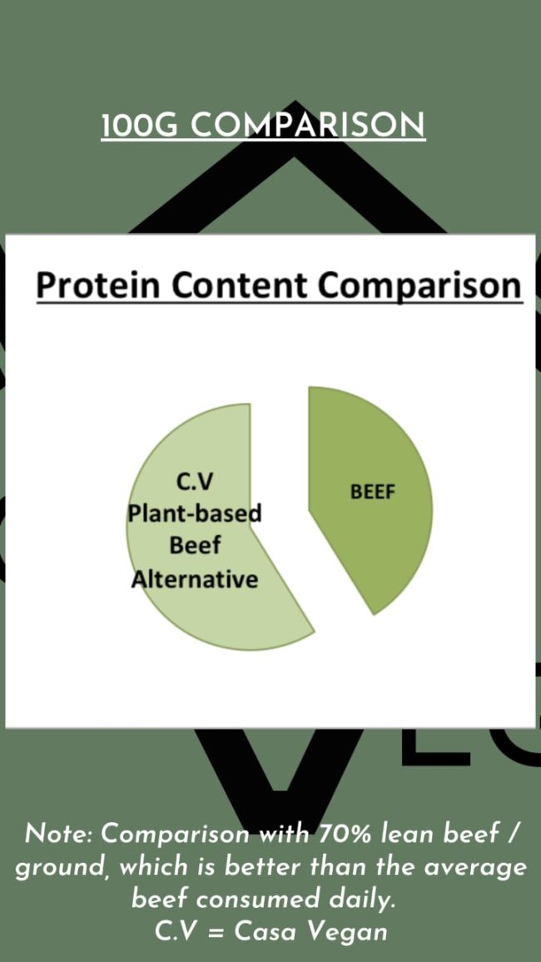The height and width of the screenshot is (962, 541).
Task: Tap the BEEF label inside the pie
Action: (x=372, y=491)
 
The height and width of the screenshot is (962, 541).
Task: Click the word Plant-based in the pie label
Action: (x=194, y=513)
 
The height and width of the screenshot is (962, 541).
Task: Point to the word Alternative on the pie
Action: (x=195, y=578)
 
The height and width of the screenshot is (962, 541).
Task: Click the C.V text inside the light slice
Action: (x=195, y=481)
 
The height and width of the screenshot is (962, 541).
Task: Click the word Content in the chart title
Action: (x=241, y=285)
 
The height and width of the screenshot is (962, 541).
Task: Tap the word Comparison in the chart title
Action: (x=419, y=285)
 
